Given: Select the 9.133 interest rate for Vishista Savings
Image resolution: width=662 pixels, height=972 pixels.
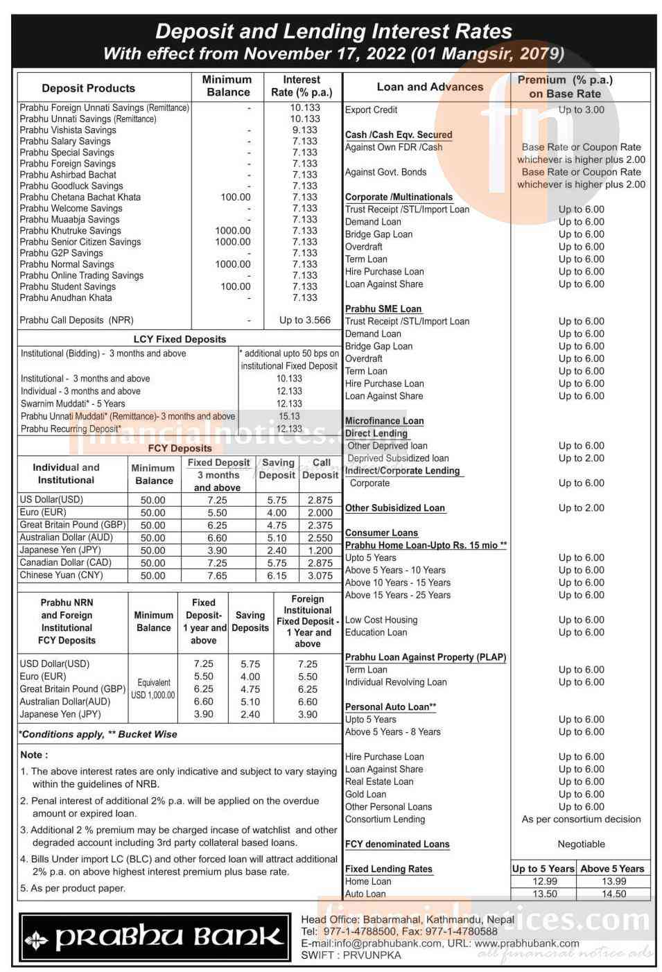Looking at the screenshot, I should pyautogui.click(x=305, y=130).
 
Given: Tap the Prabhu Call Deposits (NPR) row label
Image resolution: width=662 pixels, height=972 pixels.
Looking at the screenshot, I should pyautogui.click(x=76, y=320).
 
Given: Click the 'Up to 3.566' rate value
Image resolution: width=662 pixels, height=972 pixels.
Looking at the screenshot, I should pyautogui.click(x=305, y=320).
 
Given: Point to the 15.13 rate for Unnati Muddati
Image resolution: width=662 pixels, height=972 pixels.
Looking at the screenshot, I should pyautogui.click(x=289, y=416).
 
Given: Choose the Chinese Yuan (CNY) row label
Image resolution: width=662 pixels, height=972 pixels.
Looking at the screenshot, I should pyautogui.click(x=61, y=575).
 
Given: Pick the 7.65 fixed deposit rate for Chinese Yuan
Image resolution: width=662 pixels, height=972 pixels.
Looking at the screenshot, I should pyautogui.click(x=217, y=575).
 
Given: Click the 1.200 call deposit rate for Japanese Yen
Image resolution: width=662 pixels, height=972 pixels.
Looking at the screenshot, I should pyautogui.click(x=320, y=550).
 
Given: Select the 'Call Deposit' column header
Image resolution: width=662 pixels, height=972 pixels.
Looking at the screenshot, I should pyautogui.click(x=320, y=469).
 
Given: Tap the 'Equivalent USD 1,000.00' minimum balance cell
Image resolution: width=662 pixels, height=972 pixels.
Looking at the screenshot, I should pyautogui.click(x=153, y=688).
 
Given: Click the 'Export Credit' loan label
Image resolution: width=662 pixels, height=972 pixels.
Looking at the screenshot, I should pyautogui.click(x=371, y=110).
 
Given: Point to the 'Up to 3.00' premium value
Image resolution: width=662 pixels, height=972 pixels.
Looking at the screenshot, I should pyautogui.click(x=581, y=110).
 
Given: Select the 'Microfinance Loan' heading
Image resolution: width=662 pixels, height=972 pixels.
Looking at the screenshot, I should pyautogui.click(x=384, y=421).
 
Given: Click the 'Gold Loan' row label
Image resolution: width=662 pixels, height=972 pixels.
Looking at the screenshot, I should pyautogui.click(x=365, y=794).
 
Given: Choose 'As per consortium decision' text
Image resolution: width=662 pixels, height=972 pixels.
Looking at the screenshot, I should pyautogui.click(x=581, y=819).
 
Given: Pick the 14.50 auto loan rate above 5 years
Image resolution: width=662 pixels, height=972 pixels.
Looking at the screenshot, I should pyautogui.click(x=613, y=894).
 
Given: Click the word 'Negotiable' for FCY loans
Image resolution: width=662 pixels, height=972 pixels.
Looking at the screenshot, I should pyautogui.click(x=581, y=844).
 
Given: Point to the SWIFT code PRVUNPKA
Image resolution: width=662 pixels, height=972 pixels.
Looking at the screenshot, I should pyautogui.click(x=351, y=955).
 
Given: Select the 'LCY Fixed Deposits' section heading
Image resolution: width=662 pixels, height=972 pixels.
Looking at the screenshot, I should pyautogui.click(x=180, y=339).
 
